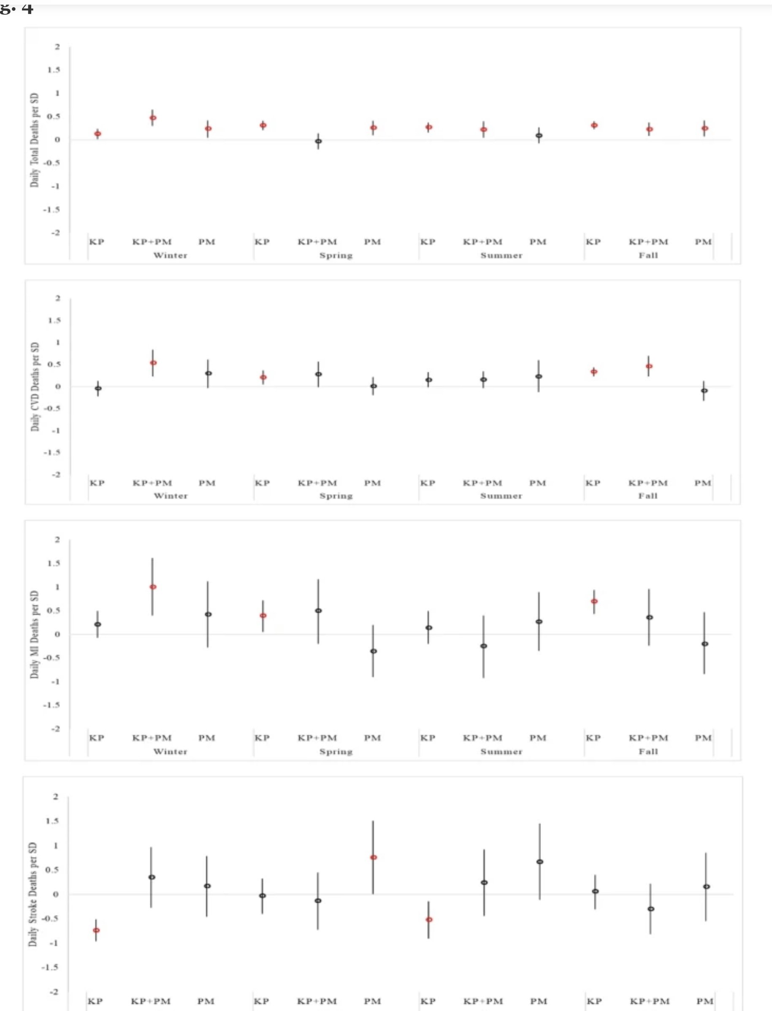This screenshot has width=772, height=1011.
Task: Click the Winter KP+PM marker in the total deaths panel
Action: pyautogui.click(x=153, y=118)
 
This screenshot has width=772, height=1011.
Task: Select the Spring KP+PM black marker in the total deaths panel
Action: pyautogui.click(x=318, y=141)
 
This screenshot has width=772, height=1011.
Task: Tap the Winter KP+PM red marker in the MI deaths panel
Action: pyautogui.click(x=153, y=587)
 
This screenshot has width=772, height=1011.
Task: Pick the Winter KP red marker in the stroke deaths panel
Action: pyautogui.click(x=96, y=930)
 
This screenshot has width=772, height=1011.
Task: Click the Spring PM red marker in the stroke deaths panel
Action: pyautogui.click(x=374, y=857)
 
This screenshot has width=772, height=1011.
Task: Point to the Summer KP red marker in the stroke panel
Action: pyautogui.click(x=429, y=919)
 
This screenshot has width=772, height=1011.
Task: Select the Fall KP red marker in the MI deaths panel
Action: pyautogui.click(x=594, y=601)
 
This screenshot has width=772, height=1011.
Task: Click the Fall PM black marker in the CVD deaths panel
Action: pyautogui.click(x=704, y=391)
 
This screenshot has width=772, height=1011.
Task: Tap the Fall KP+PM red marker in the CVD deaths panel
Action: pyautogui.click(x=649, y=367)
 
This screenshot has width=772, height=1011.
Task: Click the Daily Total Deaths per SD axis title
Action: pyautogui.click(x=35, y=140)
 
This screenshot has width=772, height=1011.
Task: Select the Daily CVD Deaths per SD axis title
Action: pyautogui.click(x=35, y=387)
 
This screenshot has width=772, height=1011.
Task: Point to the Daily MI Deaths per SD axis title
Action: pyautogui.click(x=35, y=635)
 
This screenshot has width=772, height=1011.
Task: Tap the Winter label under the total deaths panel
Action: pyautogui.click(x=171, y=255)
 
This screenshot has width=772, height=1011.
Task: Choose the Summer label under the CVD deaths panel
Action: pyautogui.click(x=501, y=496)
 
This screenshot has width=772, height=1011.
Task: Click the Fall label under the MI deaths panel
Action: pyautogui.click(x=648, y=752)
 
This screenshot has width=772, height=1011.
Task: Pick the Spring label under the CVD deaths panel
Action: pyautogui.click(x=336, y=496)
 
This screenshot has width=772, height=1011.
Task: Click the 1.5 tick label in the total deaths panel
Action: pyautogui.click(x=53, y=70)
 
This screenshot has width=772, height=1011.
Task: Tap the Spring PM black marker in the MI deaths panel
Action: pyautogui.click(x=374, y=651)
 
